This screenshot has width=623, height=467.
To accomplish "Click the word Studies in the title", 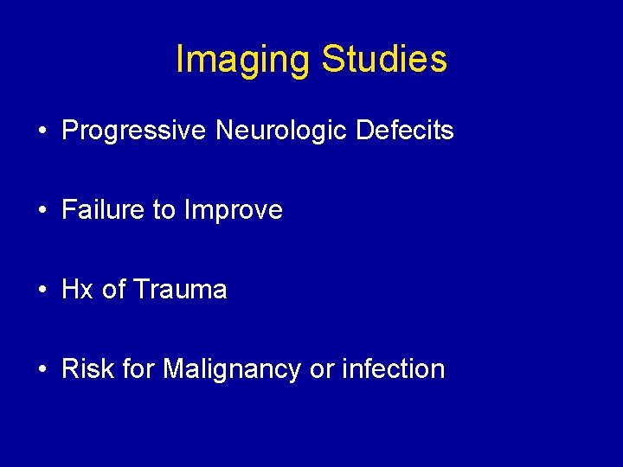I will (384, 59).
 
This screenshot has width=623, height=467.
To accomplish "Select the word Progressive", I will (134, 131).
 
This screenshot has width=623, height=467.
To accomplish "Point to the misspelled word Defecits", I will (405, 131).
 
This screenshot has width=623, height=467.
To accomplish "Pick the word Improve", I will (233, 210).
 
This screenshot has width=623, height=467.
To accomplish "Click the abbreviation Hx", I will (78, 290).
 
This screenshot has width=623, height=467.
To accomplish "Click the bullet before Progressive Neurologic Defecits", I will (42, 131).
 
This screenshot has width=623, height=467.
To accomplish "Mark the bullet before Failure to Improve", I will (42, 211).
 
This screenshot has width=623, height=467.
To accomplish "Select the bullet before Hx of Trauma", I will (42, 291).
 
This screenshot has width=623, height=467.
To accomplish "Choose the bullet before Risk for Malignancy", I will (42, 370).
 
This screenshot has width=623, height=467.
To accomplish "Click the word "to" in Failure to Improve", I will (164, 210).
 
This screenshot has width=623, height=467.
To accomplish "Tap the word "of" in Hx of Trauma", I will (113, 290).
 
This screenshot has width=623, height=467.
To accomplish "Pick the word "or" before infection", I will (321, 370).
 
